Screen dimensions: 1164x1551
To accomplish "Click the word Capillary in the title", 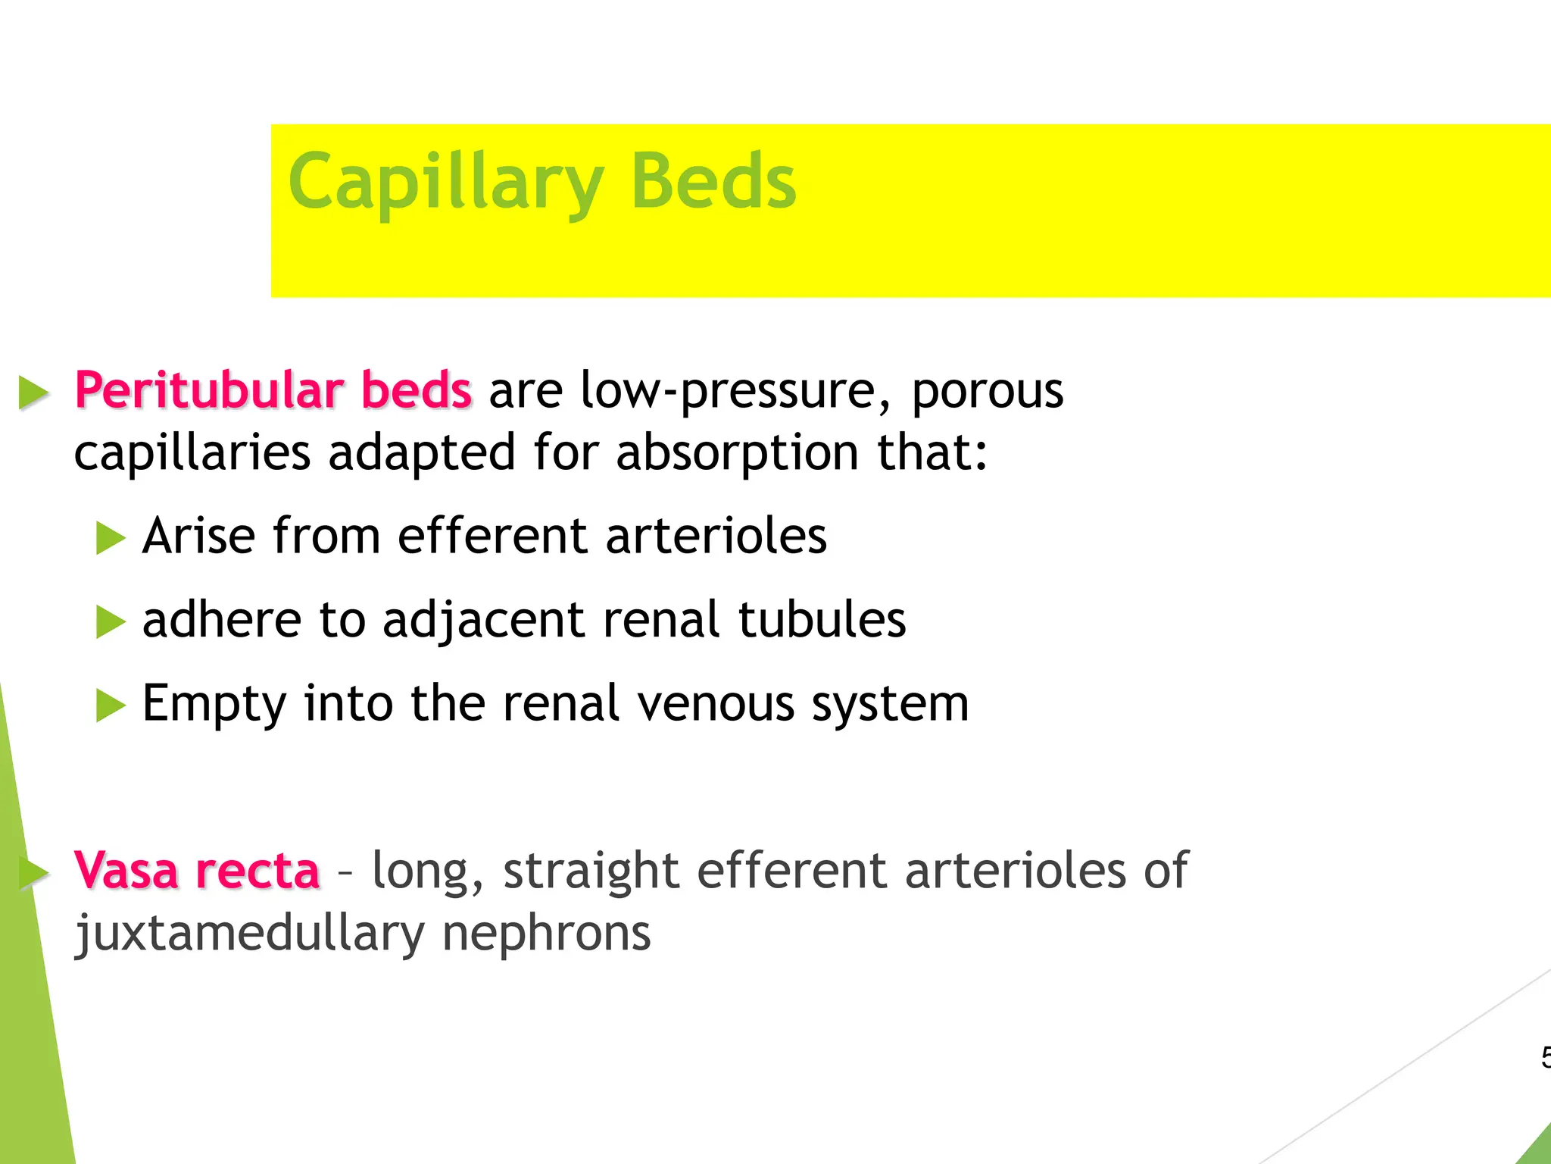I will pos(445,182).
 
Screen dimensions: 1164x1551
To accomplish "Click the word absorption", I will pos(737,452).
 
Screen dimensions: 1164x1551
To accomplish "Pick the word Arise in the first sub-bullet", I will pos(198,536).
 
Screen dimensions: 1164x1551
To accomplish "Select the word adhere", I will pos(222,619).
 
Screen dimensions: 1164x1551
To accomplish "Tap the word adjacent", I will pos(483,621).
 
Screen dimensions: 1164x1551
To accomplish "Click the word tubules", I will pos(821,619).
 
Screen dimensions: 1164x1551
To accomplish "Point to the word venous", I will pos(716,704).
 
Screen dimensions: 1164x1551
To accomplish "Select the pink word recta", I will pos(257,871).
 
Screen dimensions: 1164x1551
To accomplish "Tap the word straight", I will pos(591,871).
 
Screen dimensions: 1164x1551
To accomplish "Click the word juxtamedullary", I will pos(249,934).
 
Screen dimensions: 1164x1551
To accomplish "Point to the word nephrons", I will pos(546,934).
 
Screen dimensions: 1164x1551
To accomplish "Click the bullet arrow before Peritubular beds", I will pos(33,393).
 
